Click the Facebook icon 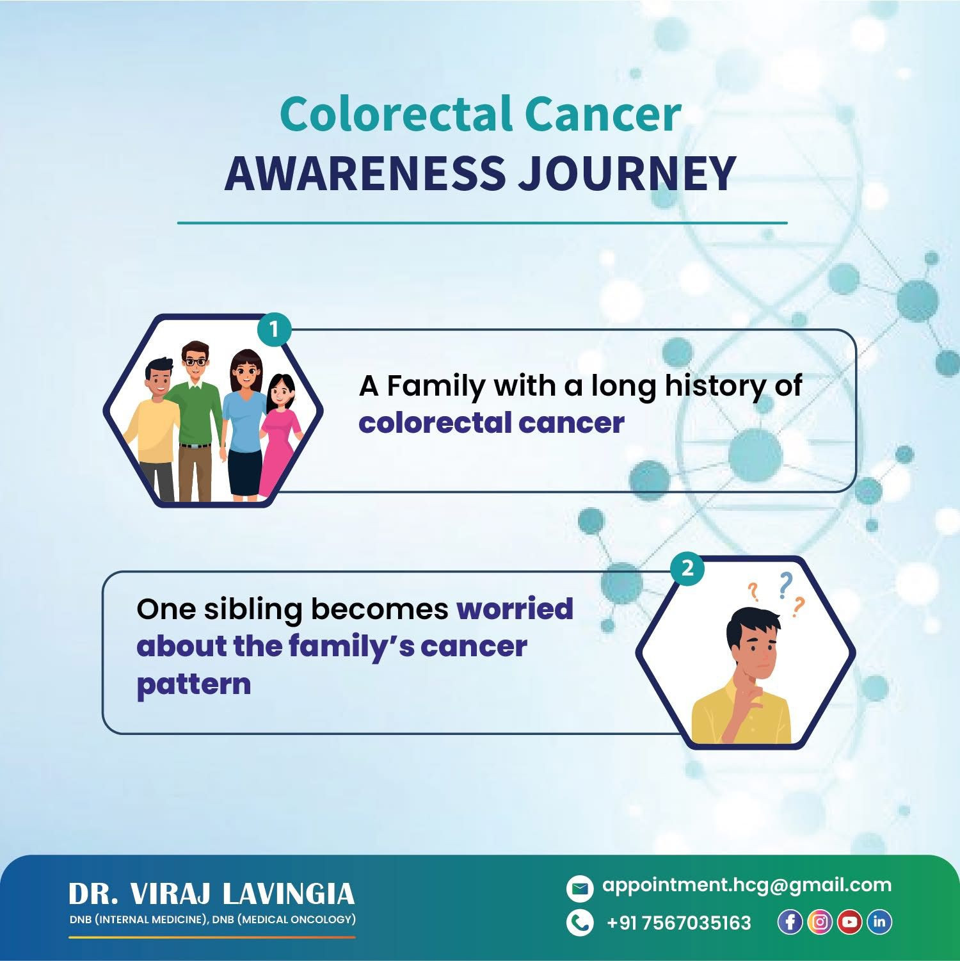pos(790,922)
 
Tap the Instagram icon pos(820,922)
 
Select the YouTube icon pos(849,922)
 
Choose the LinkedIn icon pos(879,922)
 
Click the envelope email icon pos(580,888)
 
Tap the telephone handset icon pos(580,923)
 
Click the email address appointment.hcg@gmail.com pos(747,886)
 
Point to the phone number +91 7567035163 pos(678,923)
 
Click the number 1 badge pos(274,330)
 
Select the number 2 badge pos(687,569)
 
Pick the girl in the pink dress pos(281,435)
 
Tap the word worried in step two pos(515,608)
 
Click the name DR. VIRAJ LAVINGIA pos(211,894)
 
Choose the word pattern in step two pos(193,684)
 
